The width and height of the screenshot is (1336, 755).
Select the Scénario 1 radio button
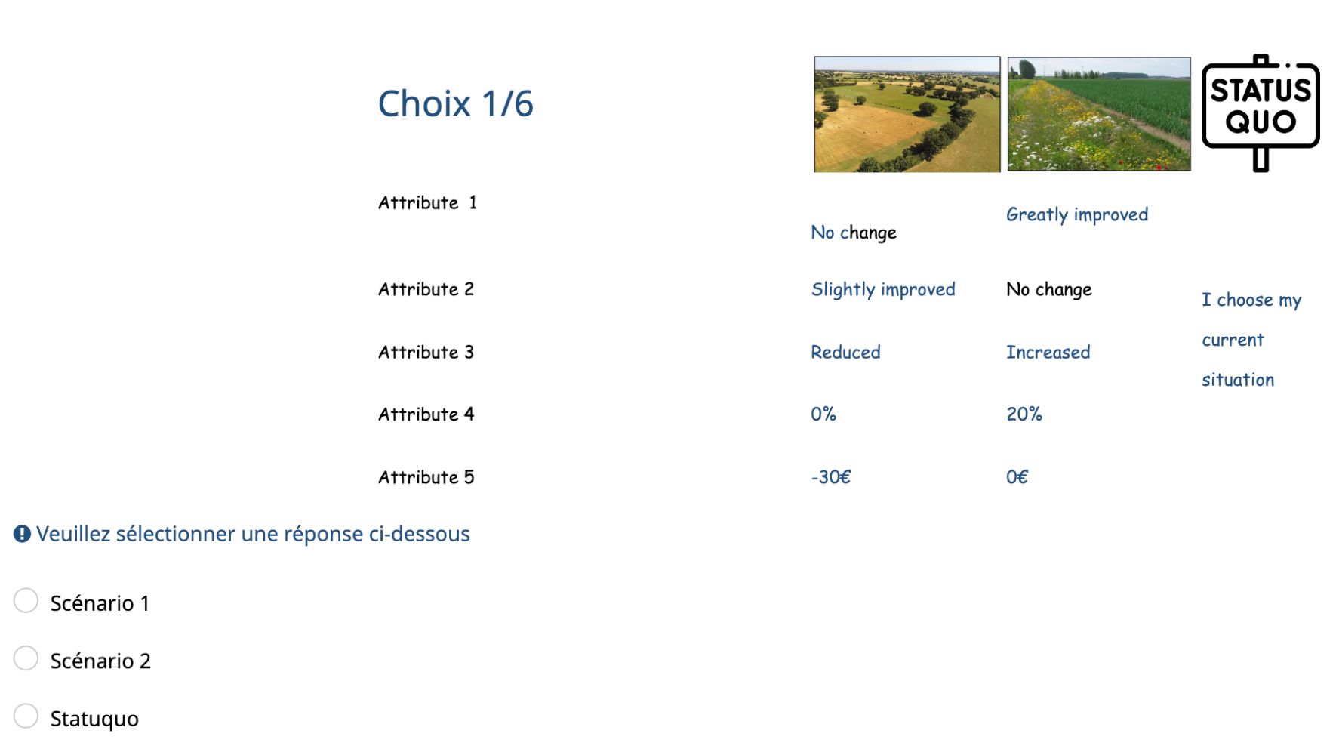tap(26, 601)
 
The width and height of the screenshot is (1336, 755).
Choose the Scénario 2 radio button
tap(26, 658)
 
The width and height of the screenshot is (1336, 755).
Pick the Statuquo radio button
tap(26, 716)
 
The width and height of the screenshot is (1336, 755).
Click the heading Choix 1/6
tap(455, 103)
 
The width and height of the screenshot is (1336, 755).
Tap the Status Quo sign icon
tap(1261, 112)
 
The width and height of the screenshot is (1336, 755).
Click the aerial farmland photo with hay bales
tap(907, 114)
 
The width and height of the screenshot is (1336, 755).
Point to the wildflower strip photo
tap(1099, 114)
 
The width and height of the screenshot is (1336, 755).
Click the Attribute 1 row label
tap(427, 202)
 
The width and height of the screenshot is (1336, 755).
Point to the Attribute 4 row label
tap(426, 414)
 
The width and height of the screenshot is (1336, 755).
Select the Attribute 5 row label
tap(426, 477)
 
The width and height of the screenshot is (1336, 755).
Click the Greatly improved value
tap(1077, 215)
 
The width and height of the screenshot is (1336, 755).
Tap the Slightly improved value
tap(883, 290)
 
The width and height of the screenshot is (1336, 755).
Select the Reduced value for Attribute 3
tap(845, 352)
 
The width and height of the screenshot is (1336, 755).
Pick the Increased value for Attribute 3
tap(1048, 352)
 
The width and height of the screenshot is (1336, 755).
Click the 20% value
tap(1024, 414)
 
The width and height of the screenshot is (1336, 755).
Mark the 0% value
tap(823, 414)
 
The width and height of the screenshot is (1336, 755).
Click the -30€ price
tap(831, 477)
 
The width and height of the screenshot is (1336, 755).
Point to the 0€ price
tap(1017, 477)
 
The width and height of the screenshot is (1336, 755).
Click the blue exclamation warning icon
tap(22, 534)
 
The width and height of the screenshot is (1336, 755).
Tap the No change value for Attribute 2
tap(1049, 290)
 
